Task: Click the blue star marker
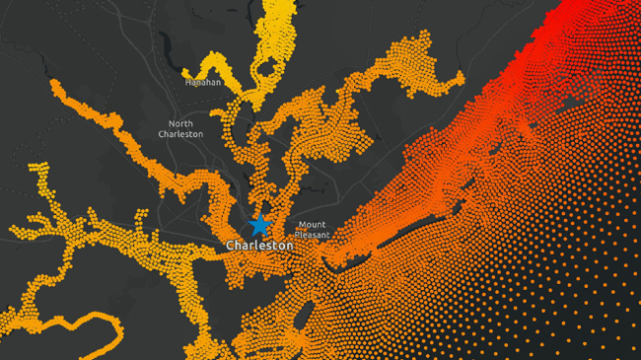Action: pyautogui.click(x=259, y=224)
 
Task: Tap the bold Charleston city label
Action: pyautogui.click(x=258, y=245)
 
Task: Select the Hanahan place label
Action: pyautogui.click(x=202, y=83)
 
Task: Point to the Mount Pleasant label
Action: pyautogui.click(x=311, y=230)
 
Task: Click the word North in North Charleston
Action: pyautogui.click(x=180, y=122)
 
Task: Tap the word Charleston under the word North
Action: pyautogui.click(x=180, y=134)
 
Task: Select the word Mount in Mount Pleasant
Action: pyautogui.click(x=312, y=225)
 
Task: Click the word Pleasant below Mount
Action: pyautogui.click(x=311, y=236)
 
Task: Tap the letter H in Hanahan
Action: pyautogui.click(x=187, y=83)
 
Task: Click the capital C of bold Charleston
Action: pyautogui.click(x=230, y=245)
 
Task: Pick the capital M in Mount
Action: pyautogui.click(x=301, y=225)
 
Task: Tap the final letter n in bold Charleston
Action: pyautogui.click(x=288, y=245)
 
